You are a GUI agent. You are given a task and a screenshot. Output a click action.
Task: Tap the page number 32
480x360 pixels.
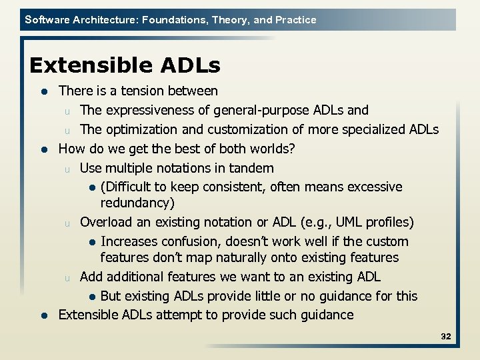[x=445, y=337]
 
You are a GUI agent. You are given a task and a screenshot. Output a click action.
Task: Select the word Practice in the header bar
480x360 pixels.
[x=295, y=20]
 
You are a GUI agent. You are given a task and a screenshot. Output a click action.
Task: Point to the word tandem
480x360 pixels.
[x=251, y=168]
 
